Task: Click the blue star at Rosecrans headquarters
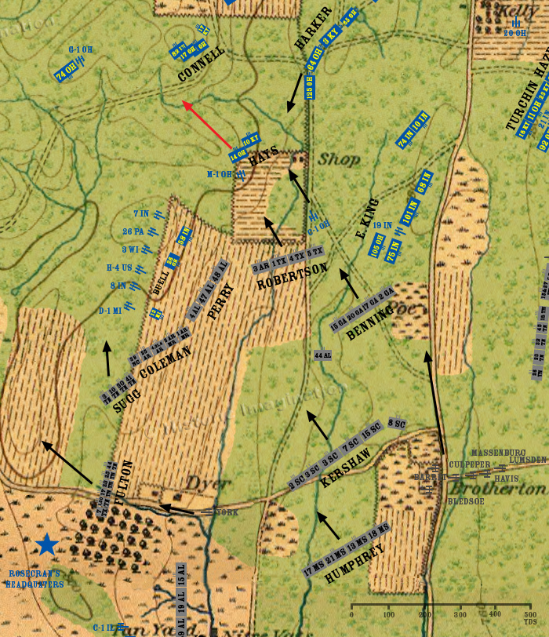click(x=48, y=544)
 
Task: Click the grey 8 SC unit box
click(x=397, y=424)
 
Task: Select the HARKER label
click(x=314, y=27)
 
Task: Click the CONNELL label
click(x=202, y=64)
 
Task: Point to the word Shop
click(x=339, y=159)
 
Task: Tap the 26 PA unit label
click(x=133, y=231)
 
